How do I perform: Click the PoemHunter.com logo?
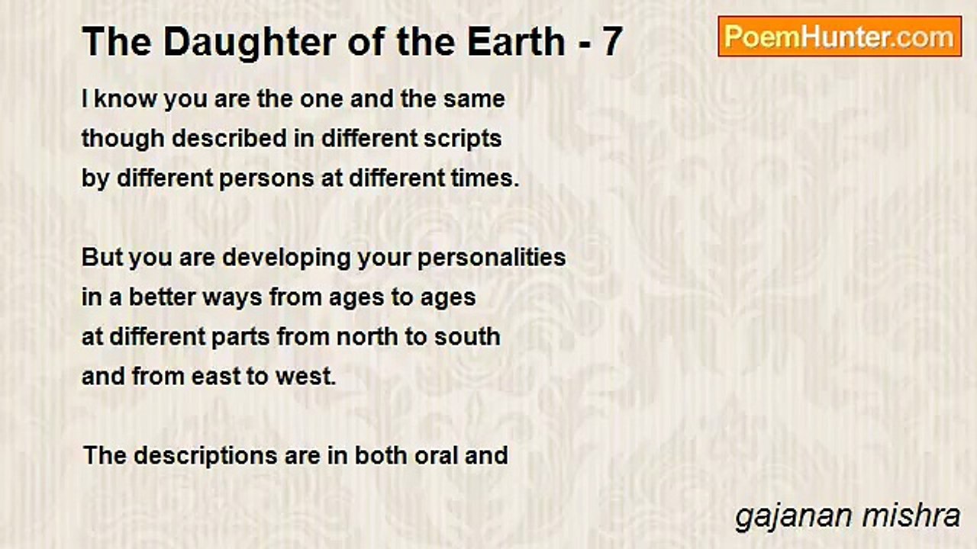(840, 37)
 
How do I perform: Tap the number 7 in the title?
(611, 43)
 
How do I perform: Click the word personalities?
(492, 258)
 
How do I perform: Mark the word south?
(467, 337)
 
